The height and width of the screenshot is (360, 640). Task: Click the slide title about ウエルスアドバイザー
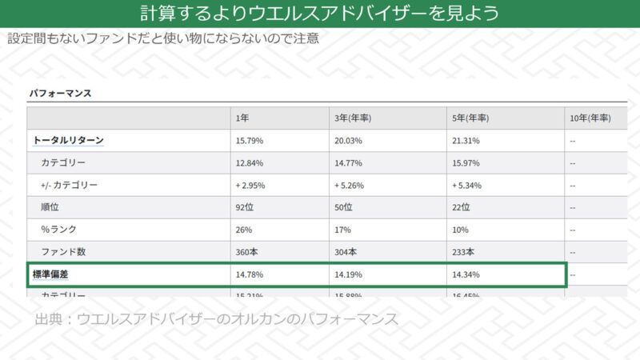point(320,14)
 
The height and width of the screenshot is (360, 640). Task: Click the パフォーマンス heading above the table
point(60,93)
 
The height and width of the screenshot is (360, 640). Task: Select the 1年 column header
point(242,118)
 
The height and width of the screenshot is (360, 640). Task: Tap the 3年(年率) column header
point(353,118)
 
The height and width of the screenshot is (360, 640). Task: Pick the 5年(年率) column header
point(470,118)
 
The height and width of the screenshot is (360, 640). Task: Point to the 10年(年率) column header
point(590,118)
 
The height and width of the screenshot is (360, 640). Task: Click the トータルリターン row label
point(68,140)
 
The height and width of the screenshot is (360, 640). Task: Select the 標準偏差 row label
point(50,274)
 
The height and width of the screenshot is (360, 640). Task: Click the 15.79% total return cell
point(250,140)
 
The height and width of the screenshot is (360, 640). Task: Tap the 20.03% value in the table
point(350,140)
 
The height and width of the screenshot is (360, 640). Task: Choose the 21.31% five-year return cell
point(466,140)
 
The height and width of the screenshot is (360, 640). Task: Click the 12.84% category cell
point(250,162)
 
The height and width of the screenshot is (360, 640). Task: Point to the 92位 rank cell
point(245,207)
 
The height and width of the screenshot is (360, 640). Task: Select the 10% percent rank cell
point(461,230)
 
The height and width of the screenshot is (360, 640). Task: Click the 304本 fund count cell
point(346,252)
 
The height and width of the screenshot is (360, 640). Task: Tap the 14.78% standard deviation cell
point(250,274)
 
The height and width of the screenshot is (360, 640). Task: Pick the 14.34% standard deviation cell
point(466,274)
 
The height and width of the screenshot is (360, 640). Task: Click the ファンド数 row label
point(64,252)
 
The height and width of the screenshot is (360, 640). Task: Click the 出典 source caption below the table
point(216,319)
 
